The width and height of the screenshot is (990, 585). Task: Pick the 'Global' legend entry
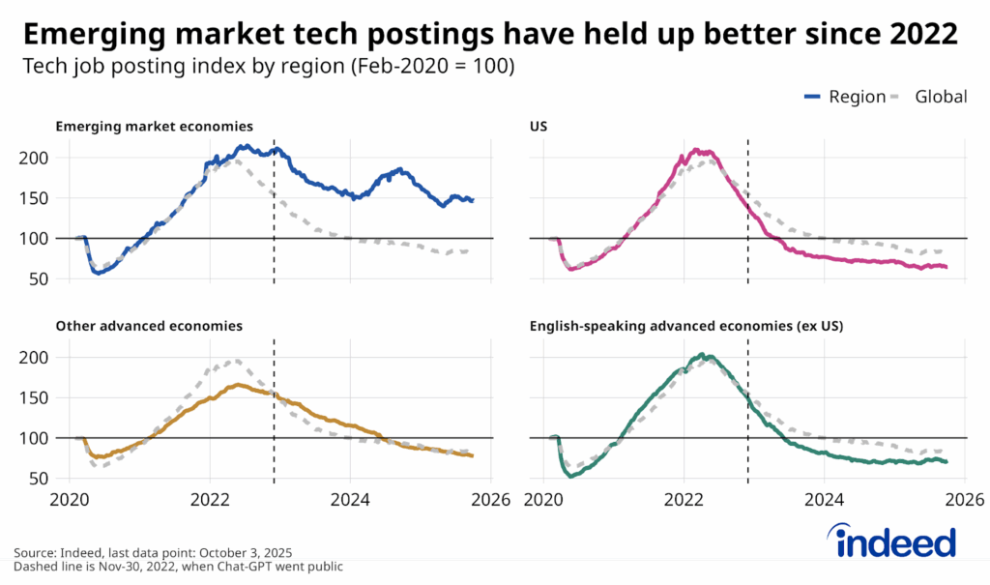coord(942,97)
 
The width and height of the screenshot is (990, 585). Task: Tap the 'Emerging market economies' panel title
coord(155,127)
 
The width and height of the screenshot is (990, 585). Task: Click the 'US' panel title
coord(539,127)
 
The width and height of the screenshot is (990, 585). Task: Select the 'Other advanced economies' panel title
coord(149,327)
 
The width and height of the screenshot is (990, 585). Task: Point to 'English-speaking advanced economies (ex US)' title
coord(686,327)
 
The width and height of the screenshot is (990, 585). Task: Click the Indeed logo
coord(890,541)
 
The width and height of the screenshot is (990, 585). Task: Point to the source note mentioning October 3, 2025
coord(153,553)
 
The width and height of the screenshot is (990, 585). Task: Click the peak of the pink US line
coord(696,151)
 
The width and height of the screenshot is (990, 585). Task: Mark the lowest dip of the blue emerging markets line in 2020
coord(98,273)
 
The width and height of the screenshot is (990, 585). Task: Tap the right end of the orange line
coord(473,455)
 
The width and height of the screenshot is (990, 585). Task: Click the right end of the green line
coord(946,461)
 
